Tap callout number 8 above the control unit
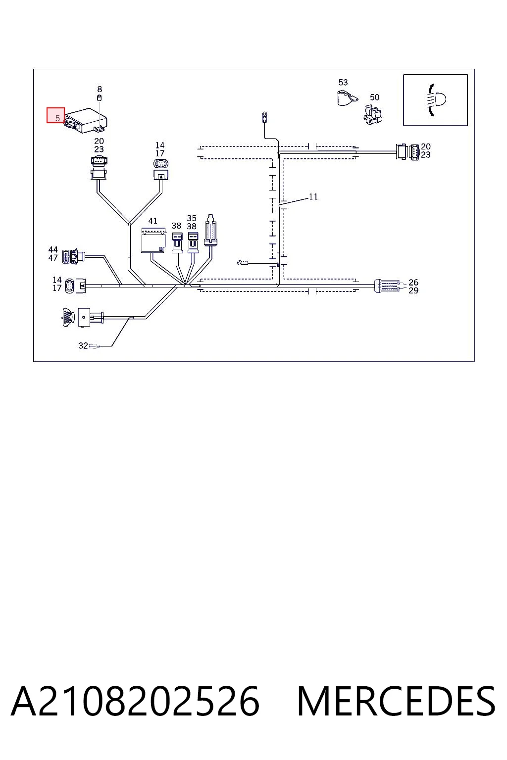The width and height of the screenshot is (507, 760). [100, 89]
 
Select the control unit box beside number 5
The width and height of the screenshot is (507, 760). [86, 120]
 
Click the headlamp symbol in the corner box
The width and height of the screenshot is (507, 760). [436, 100]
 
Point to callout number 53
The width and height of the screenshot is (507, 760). [343, 82]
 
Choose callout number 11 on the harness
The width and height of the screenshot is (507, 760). [313, 196]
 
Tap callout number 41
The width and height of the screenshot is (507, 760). [153, 221]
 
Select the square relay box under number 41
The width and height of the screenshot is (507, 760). [153, 240]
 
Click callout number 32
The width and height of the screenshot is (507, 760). [83, 345]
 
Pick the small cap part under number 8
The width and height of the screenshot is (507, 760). [100, 98]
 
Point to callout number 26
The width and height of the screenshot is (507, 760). [413, 283]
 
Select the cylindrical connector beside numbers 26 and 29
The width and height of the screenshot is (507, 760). [387, 286]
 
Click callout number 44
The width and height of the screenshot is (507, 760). [53, 250]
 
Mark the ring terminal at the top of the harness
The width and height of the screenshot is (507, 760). [264, 117]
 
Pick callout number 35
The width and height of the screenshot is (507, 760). [192, 218]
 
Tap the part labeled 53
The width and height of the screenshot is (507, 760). [347, 97]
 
